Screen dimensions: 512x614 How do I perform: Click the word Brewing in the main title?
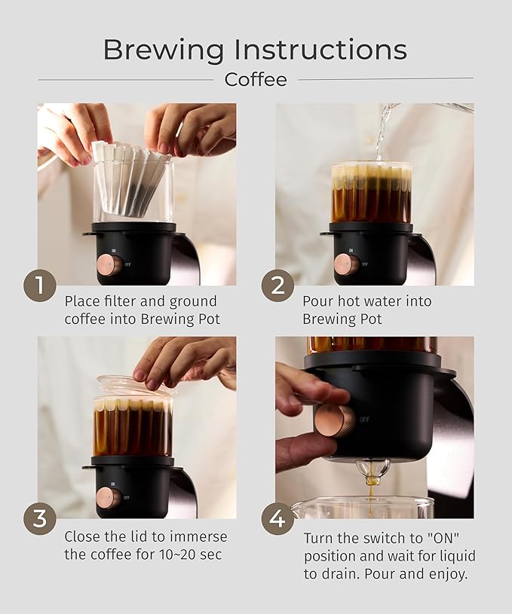(164, 51)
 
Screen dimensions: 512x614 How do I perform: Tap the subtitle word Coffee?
(256, 80)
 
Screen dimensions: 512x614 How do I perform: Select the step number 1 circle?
(40, 286)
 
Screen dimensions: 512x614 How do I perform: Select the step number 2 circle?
(277, 286)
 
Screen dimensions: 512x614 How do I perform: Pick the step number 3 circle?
(40, 519)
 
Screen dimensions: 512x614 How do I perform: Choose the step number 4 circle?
(277, 519)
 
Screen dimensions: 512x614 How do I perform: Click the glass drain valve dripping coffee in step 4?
(373, 470)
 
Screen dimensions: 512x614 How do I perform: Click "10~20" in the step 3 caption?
(179, 554)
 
